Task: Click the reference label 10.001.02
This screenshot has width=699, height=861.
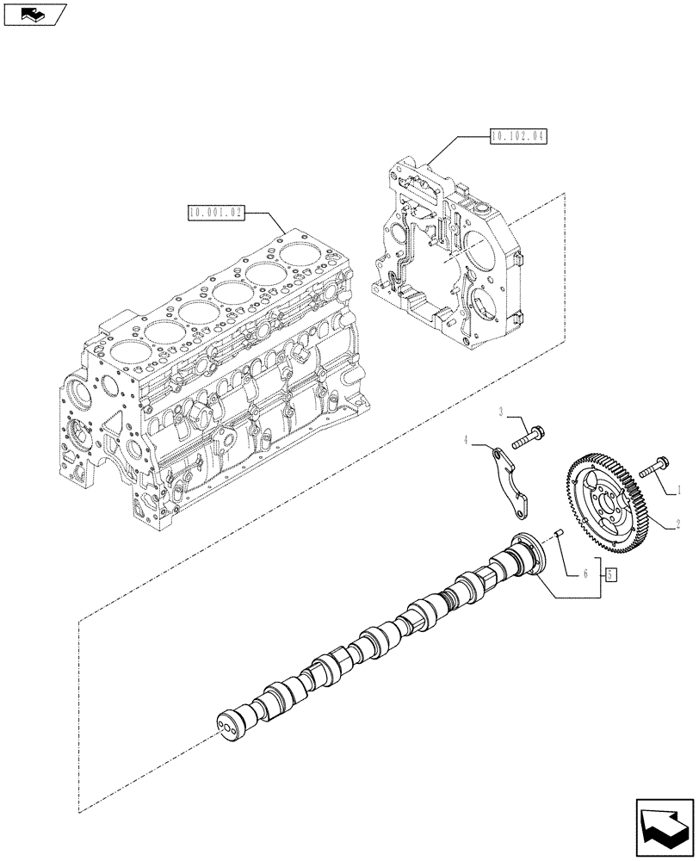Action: pos(213,211)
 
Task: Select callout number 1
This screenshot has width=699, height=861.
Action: pos(678,491)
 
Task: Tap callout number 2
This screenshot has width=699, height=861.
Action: pos(678,523)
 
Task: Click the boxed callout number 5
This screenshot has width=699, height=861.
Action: pos(609,574)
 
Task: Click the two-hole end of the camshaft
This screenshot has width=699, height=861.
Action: pos(230,723)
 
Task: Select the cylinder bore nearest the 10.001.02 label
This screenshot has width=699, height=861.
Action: pos(298,253)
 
